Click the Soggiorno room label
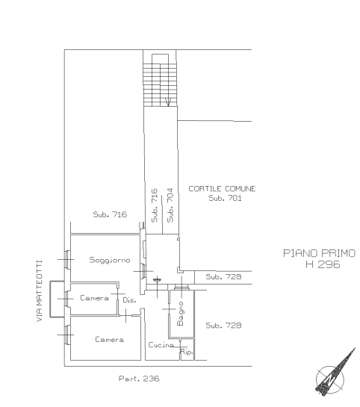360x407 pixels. [110, 260]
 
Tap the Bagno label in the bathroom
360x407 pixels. [180, 314]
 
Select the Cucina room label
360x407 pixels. [161, 345]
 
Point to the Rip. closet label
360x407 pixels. [187, 352]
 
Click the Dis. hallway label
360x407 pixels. [129, 300]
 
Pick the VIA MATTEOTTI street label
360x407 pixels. [39, 291]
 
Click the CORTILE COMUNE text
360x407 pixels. [222, 189]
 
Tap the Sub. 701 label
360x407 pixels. [225, 198]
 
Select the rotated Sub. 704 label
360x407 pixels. [170, 205]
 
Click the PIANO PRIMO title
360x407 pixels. [319, 253]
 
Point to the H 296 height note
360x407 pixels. [323, 264]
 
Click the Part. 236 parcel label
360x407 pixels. [139, 379]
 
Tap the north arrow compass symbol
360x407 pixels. [335, 374]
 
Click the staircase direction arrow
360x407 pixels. [168, 102]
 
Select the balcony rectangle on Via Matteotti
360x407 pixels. [57, 299]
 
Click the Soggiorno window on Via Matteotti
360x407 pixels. [67, 259]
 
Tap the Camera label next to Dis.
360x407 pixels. [94, 298]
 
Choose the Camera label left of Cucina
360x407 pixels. [109, 339]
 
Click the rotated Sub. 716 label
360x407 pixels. [155, 205]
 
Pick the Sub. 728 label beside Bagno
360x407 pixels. [223, 326]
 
